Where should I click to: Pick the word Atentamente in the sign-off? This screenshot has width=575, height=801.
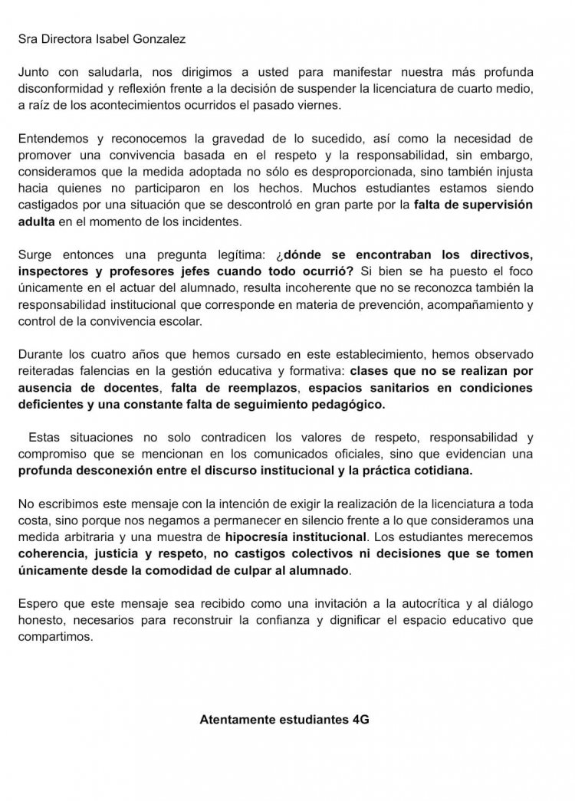235,721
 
